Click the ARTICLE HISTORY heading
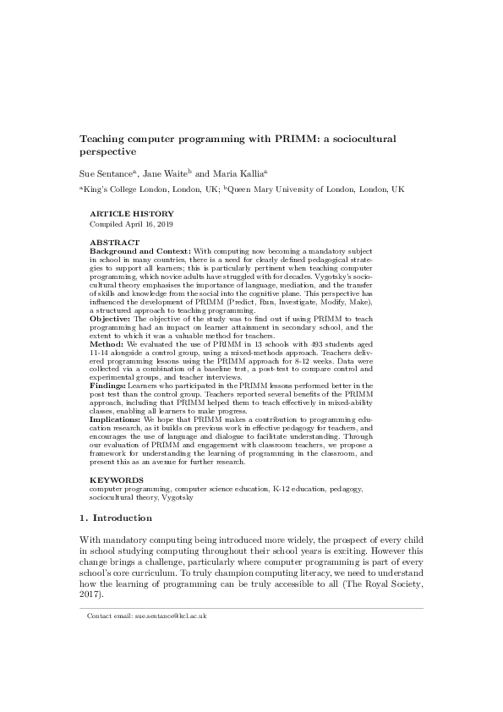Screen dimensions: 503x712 (x=132, y=214)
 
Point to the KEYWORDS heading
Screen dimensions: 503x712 (x=116, y=479)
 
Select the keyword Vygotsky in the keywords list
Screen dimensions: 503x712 (x=178, y=497)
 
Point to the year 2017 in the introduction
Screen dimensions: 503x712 (x=90, y=593)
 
